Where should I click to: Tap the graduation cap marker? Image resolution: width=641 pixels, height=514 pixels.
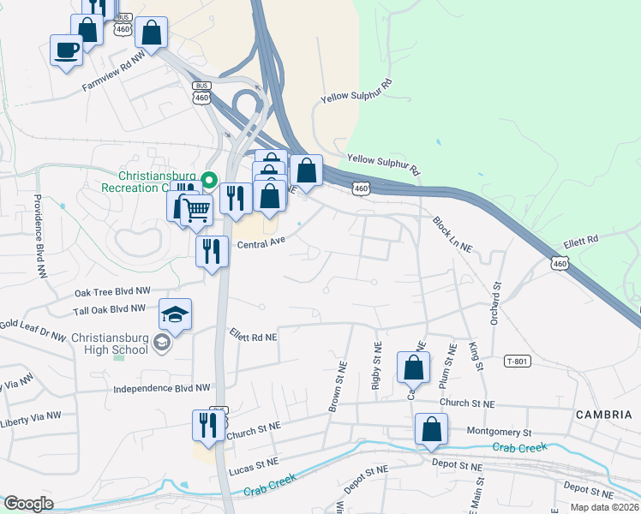coord(175,316)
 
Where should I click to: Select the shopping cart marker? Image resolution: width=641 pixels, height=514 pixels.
coord(196,209)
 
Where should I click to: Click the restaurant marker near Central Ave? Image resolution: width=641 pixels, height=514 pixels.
coord(212,252)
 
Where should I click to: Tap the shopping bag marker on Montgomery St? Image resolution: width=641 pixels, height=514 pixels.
coord(431,429)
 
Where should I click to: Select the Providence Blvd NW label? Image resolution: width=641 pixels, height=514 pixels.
coord(39,236)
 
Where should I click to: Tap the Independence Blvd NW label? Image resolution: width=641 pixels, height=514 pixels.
coord(162,388)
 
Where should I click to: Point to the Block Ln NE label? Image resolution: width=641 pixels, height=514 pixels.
coord(452,234)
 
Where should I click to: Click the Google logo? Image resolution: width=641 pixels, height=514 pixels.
coord(28,504)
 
